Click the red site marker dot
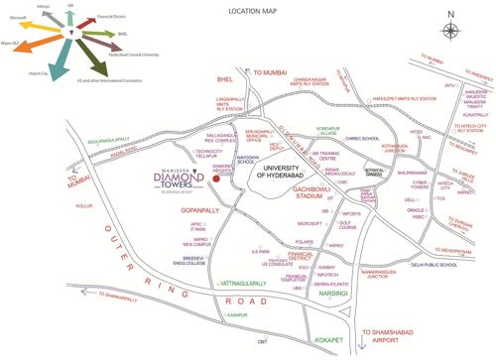(x=216, y=178)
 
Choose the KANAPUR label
(x=234, y=316)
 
